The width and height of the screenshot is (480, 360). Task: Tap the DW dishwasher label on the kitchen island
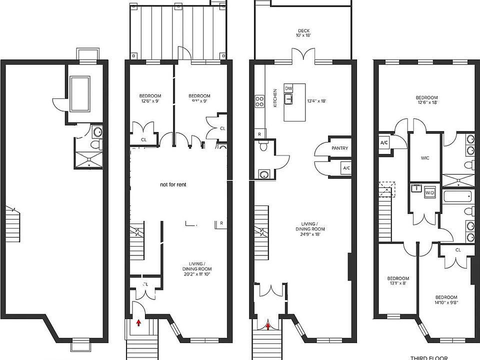coord(288,88)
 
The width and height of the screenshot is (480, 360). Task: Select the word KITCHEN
coord(274,98)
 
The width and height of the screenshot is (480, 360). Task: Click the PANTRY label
coord(339,148)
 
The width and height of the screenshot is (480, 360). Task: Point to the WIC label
coord(425,158)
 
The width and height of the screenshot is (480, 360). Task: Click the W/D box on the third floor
coord(429,192)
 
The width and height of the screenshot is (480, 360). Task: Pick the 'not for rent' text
coord(173,184)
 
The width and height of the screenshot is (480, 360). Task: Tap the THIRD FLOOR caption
coord(428,357)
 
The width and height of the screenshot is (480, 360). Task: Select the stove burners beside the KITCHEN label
coord(260,101)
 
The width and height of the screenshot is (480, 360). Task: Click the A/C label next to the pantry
coord(346,168)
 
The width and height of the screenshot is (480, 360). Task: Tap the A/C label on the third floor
coord(384,142)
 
